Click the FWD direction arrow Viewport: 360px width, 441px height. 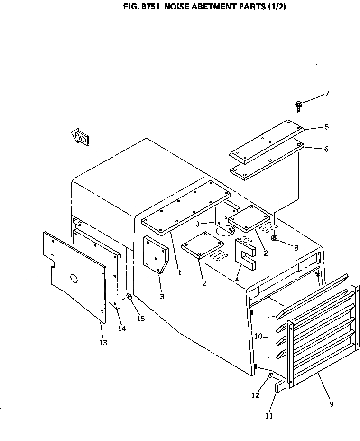[81, 137]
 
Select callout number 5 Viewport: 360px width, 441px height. [326, 127]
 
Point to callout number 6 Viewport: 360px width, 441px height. [326, 149]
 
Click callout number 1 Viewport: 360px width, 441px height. [179, 272]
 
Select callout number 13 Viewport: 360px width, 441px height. [103, 342]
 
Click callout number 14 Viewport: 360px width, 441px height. [122, 328]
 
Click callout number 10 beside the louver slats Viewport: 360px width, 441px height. [258, 336]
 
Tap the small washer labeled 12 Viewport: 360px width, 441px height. [270, 375]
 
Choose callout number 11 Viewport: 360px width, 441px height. [269, 416]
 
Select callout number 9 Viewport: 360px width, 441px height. [331, 404]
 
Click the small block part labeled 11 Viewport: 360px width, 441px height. [278, 387]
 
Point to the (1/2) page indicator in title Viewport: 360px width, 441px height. [275, 7]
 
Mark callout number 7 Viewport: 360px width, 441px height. [326, 94]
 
